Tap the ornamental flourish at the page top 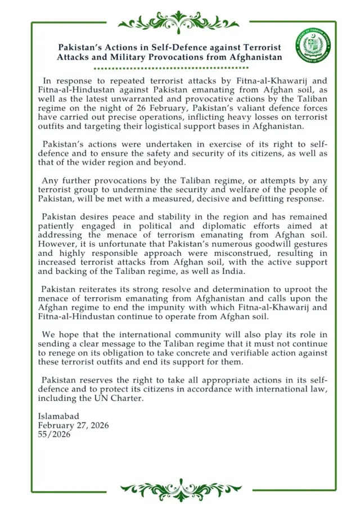click(x=179, y=21)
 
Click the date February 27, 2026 click(x=73, y=425)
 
